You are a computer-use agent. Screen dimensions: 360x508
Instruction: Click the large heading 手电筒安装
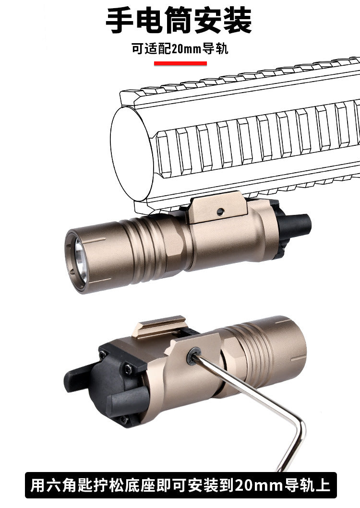click(x=179, y=21)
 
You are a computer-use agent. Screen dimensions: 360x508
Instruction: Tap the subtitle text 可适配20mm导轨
click(x=180, y=49)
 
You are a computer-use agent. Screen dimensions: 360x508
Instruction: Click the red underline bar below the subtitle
click(x=180, y=63)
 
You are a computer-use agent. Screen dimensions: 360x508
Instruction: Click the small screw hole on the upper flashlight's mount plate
click(x=220, y=212)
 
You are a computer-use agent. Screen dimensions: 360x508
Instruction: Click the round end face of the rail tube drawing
click(x=132, y=154)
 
